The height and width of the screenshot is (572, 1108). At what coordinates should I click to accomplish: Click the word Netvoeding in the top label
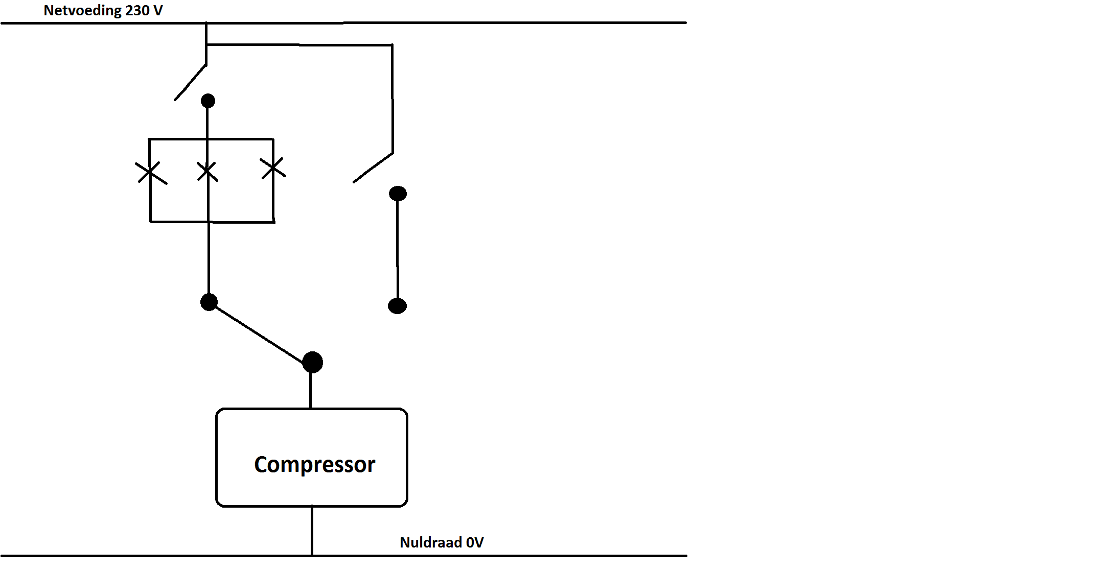tap(82, 11)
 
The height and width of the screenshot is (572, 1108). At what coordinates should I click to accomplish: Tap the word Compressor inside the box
tap(314, 464)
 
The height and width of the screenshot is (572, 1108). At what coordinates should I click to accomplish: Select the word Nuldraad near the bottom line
tap(431, 542)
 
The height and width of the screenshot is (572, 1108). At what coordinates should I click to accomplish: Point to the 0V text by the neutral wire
tap(475, 542)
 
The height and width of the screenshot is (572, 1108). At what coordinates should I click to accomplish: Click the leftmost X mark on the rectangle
tap(150, 173)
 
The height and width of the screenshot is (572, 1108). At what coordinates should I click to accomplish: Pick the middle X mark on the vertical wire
tap(207, 172)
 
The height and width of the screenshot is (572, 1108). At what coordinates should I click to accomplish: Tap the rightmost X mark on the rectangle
tap(273, 168)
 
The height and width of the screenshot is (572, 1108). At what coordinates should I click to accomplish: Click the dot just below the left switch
tap(208, 101)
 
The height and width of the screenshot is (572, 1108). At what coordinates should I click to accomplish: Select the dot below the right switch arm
tap(398, 194)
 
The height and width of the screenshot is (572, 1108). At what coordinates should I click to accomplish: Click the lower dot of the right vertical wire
tap(397, 306)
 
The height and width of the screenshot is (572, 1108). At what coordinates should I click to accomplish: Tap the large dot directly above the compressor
tap(312, 363)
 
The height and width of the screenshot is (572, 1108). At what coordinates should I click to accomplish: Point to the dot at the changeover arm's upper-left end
tap(209, 302)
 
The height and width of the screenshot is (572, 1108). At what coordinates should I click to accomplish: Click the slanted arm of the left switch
tap(190, 82)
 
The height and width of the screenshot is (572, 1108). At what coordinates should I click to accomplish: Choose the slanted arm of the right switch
tap(373, 168)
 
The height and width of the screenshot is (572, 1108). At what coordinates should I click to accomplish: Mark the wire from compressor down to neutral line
tap(312, 531)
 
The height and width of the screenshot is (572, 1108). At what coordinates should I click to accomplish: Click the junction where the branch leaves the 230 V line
tap(206, 23)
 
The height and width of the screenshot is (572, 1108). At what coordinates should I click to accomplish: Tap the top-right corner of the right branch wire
tap(392, 45)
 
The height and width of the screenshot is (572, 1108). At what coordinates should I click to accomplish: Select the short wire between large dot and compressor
tap(311, 391)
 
